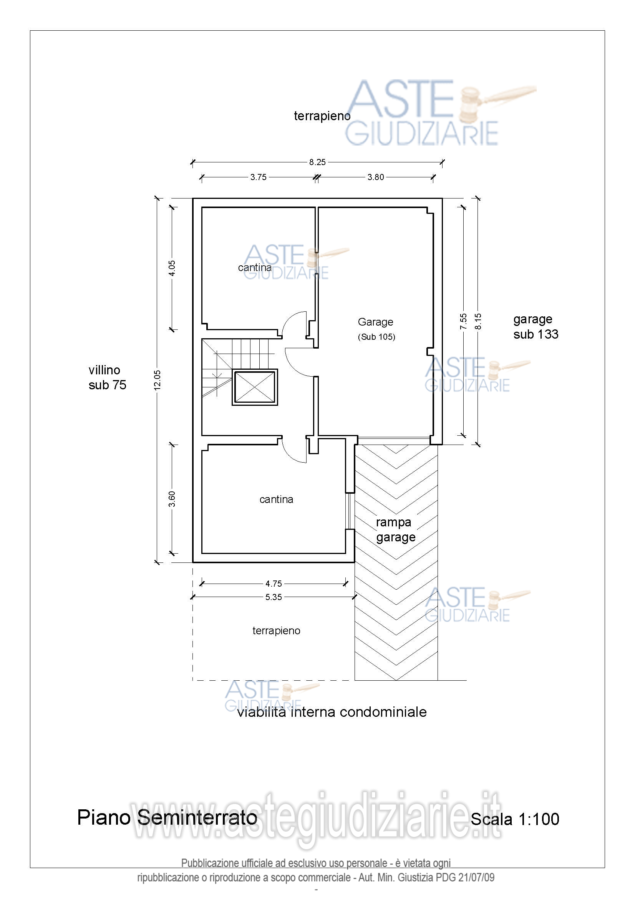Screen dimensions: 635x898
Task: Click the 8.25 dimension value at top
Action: pyautogui.click(x=317, y=162)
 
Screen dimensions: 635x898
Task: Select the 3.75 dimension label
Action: pyautogui.click(x=258, y=177)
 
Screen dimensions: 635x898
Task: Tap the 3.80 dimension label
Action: pyautogui.click(x=376, y=177)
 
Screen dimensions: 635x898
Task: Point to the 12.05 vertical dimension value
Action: pyautogui.click(x=157, y=380)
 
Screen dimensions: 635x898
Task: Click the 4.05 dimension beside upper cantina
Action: pyautogui.click(x=172, y=268)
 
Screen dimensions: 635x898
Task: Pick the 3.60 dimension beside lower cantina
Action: pyautogui.click(x=172, y=499)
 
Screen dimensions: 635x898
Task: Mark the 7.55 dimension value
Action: pyautogui.click(x=463, y=321)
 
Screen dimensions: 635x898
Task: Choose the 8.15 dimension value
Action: pyautogui.click(x=478, y=321)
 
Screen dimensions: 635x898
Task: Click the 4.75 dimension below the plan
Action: pyautogui.click(x=274, y=584)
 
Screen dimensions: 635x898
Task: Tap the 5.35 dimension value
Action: pyautogui.click(x=274, y=597)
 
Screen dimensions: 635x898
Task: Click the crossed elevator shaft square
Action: pyautogui.click(x=255, y=387)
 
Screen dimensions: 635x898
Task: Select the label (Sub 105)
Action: pyautogui.click(x=376, y=337)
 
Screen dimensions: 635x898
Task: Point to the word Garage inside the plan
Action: pyautogui.click(x=375, y=322)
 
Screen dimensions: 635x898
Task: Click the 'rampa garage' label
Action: pyautogui.click(x=396, y=529)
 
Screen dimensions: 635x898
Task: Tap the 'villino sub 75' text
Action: pyautogui.click(x=107, y=377)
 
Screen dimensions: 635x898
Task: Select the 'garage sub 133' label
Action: pyautogui.click(x=536, y=327)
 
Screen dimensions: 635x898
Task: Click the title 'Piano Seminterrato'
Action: pyautogui.click(x=167, y=817)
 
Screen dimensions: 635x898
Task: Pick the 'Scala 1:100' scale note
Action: pyautogui.click(x=515, y=819)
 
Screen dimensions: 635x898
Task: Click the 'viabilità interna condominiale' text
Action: pyautogui.click(x=332, y=712)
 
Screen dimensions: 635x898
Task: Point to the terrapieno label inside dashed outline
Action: pyautogui.click(x=276, y=631)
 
